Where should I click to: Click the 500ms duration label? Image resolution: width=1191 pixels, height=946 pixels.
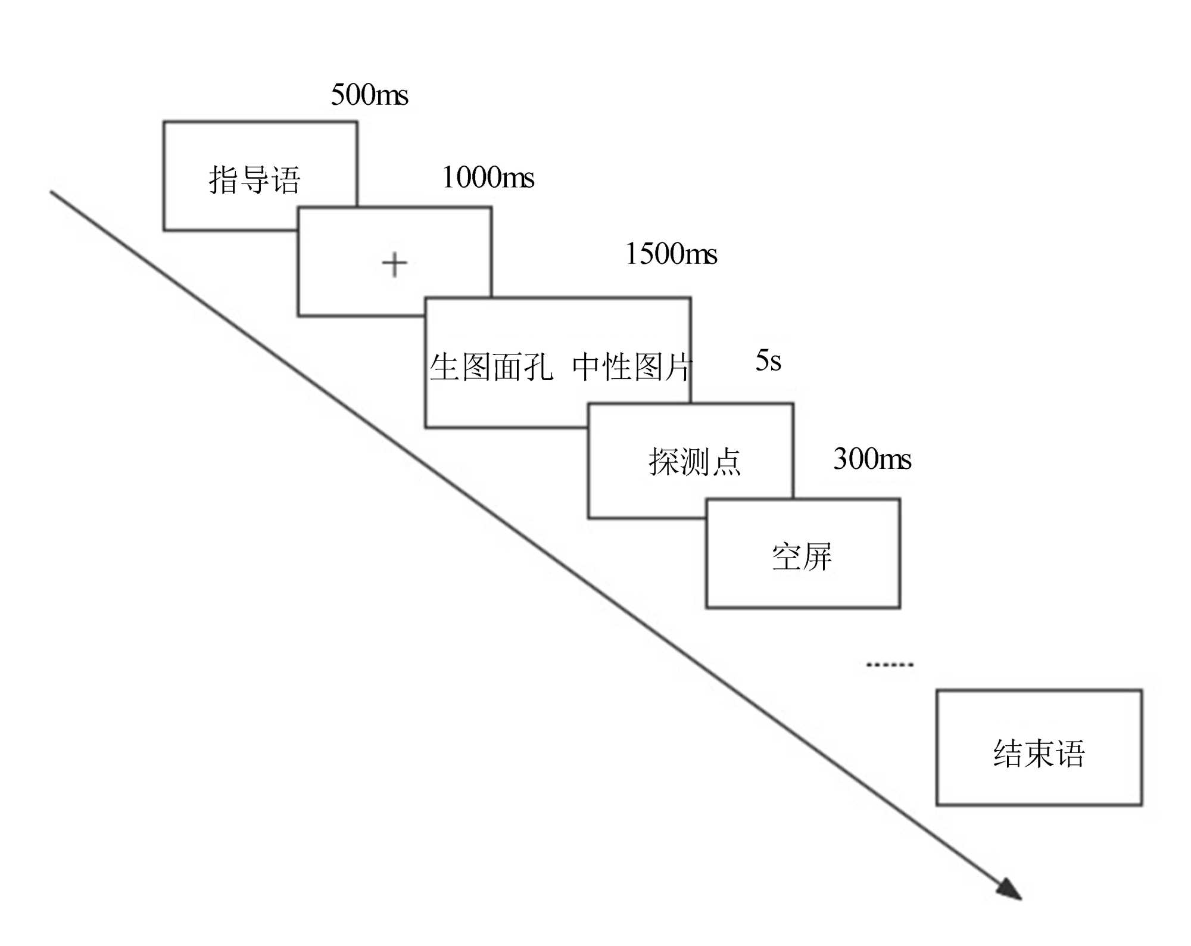(369, 95)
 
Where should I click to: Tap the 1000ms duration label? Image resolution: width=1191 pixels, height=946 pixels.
(488, 177)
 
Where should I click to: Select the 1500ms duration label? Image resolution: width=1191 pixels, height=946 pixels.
(671, 254)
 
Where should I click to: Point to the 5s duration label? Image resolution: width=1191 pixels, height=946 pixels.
(768, 360)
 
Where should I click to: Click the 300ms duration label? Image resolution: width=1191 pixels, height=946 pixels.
(872, 459)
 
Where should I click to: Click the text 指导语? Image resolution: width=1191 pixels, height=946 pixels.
(255, 179)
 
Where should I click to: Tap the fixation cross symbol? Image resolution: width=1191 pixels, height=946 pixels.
(394, 264)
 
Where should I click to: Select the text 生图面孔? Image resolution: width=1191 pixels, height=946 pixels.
(491, 366)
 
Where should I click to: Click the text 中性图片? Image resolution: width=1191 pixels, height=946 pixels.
(631, 366)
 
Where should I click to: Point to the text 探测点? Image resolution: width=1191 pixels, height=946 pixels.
(694, 462)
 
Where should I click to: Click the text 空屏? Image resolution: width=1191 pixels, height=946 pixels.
(802, 557)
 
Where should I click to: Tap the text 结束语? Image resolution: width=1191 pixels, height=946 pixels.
(1039, 753)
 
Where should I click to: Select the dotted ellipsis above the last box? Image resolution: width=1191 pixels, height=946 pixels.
(889, 664)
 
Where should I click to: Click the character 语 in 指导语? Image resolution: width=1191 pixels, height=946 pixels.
(286, 179)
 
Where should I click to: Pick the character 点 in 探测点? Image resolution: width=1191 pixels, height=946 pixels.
(727, 462)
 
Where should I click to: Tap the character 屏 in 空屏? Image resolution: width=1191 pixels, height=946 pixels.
(818, 557)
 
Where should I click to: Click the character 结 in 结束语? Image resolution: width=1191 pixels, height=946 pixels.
(1008, 753)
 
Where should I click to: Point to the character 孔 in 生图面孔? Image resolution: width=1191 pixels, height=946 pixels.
(538, 366)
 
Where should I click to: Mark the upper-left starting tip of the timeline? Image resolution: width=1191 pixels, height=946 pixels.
(52, 192)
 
